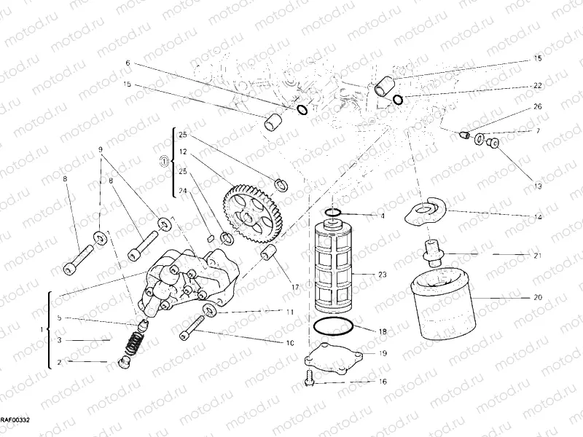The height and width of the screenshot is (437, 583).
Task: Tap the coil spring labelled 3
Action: click(x=136, y=339)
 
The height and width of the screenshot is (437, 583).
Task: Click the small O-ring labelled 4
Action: click(x=334, y=213)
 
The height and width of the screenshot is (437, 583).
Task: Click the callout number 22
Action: click(x=537, y=85)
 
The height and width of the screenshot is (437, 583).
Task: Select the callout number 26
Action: click(x=537, y=106)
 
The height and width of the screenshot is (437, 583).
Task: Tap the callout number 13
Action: click(x=537, y=186)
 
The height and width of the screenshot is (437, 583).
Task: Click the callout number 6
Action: click(x=128, y=63)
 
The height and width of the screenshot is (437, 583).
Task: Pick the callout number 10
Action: click(x=289, y=342)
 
